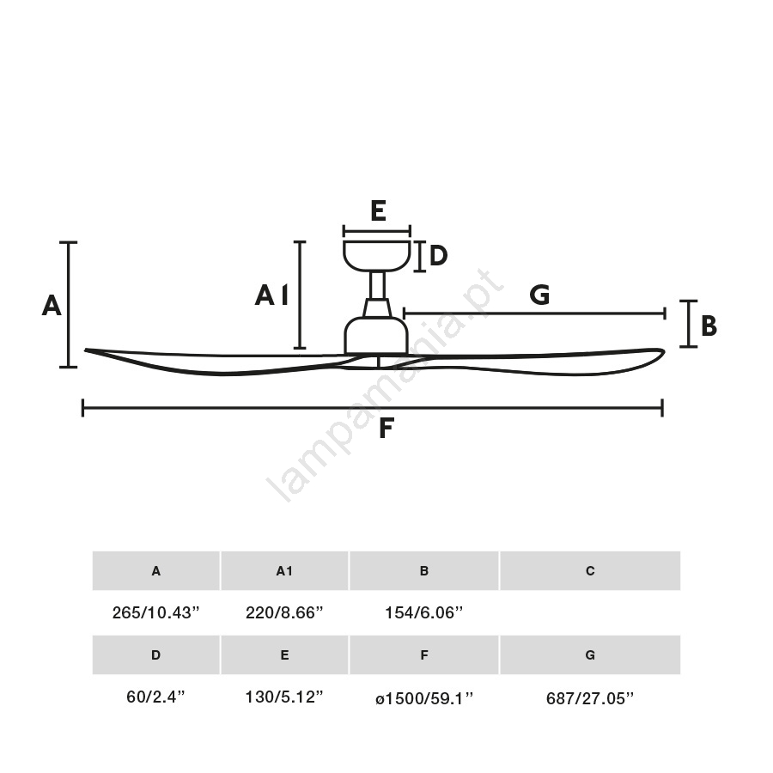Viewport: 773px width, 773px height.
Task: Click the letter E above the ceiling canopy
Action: coord(378,210)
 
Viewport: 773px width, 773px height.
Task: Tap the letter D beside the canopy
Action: coord(438,255)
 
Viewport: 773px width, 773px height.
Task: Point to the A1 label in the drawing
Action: coord(271,295)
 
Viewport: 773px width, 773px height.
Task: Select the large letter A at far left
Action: coord(52,305)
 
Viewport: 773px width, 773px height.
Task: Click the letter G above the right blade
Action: coord(539,295)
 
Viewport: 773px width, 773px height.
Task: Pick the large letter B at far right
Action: coord(709,326)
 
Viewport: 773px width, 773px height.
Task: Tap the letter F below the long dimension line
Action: coord(386,428)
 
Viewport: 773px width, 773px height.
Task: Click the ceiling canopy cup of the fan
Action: coord(377,256)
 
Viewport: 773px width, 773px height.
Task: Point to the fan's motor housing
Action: coord(376,335)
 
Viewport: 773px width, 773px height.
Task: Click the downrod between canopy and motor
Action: coord(377,285)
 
